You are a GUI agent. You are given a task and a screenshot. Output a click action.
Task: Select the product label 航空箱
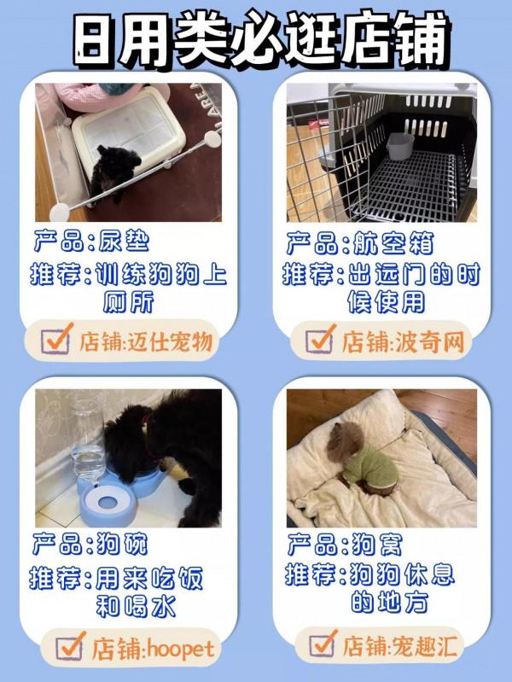click(x=388, y=242)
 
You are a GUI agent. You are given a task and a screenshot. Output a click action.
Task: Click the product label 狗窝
click(x=375, y=544)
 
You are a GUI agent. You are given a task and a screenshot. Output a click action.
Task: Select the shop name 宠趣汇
click(x=423, y=644)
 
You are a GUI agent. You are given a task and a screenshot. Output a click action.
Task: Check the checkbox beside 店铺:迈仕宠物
click(x=57, y=341)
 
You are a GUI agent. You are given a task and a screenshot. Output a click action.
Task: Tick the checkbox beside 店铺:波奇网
click(x=319, y=341)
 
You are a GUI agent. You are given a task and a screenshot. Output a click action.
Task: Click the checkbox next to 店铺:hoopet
click(x=70, y=648)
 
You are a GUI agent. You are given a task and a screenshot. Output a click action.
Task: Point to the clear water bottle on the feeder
click(x=85, y=440)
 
